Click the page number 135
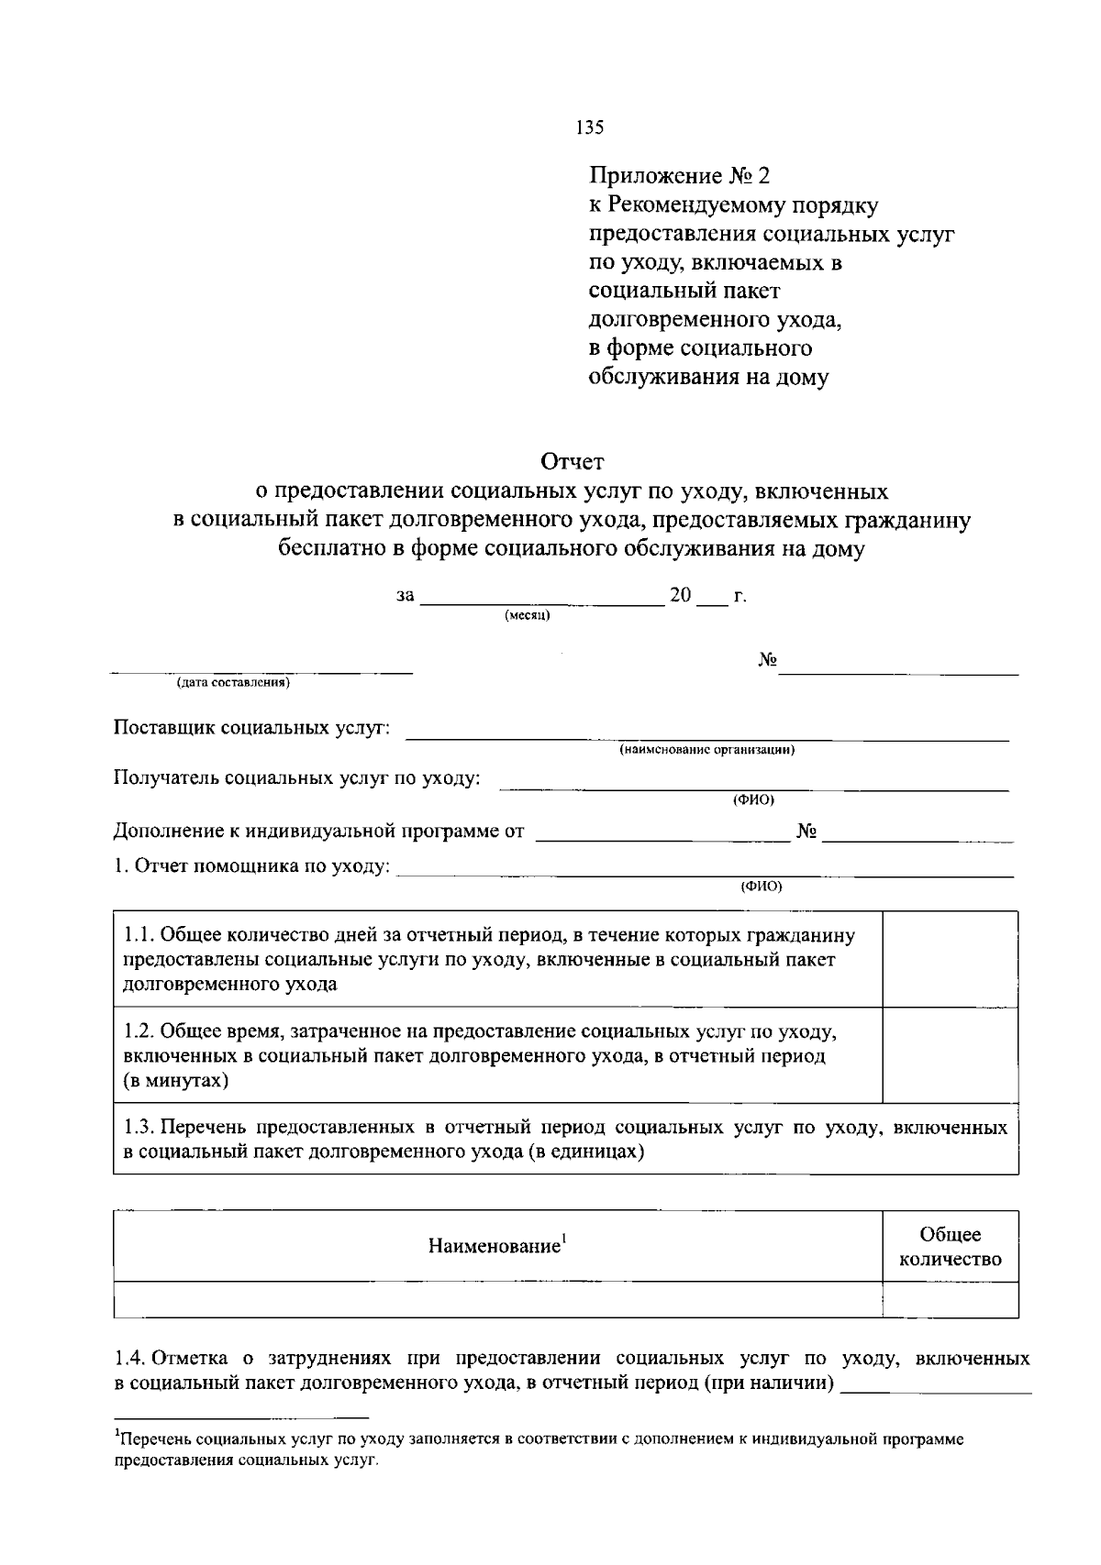pos(589,127)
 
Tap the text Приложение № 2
pos(680,174)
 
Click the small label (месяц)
pos(528,616)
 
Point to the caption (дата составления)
pos(234,683)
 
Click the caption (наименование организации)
pos(706,750)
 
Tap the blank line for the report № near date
pos(899,672)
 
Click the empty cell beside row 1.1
pos(950,959)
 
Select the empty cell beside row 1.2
pos(950,1055)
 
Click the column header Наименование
pos(496,1246)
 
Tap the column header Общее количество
pos(950,1247)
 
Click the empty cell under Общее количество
pos(950,1300)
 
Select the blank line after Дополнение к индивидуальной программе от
pos(661,837)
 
